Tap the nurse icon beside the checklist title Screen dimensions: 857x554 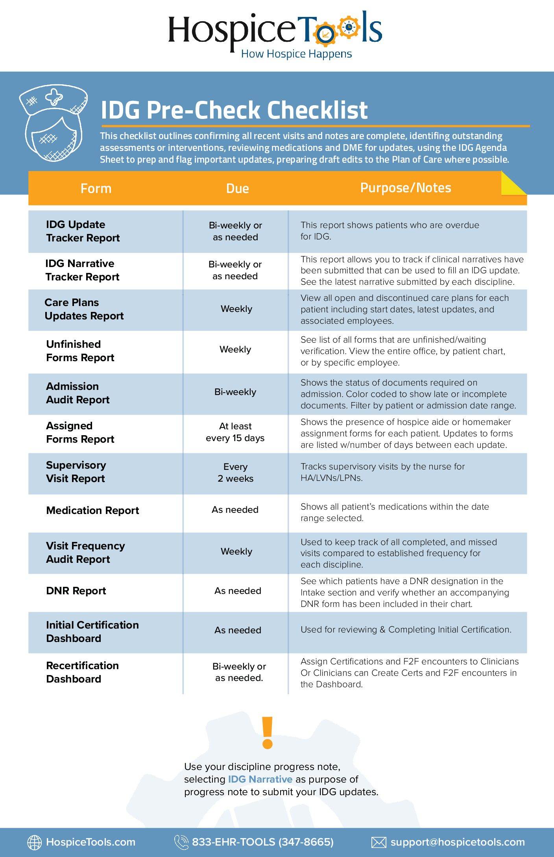(53, 122)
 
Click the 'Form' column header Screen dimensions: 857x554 (96, 189)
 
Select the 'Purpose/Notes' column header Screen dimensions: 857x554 (405, 188)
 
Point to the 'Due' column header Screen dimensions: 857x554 (237, 189)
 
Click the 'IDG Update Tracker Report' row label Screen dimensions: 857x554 (83, 231)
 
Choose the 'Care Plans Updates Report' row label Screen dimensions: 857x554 (84, 309)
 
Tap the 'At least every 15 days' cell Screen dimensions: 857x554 (235, 432)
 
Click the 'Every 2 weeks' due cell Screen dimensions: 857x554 (235, 473)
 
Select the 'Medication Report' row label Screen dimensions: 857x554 (92, 510)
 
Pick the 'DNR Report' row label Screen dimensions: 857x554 (76, 591)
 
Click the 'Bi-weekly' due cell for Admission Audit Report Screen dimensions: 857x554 (235, 392)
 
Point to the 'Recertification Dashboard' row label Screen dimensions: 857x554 (82, 672)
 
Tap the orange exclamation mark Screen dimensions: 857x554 (268, 733)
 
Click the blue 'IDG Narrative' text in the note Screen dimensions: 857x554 (260, 779)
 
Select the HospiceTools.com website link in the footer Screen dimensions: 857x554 (90, 842)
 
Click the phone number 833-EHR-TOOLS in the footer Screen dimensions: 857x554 (262, 842)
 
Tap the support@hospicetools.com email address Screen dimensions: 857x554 (457, 842)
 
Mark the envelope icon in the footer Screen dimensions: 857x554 (379, 842)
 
